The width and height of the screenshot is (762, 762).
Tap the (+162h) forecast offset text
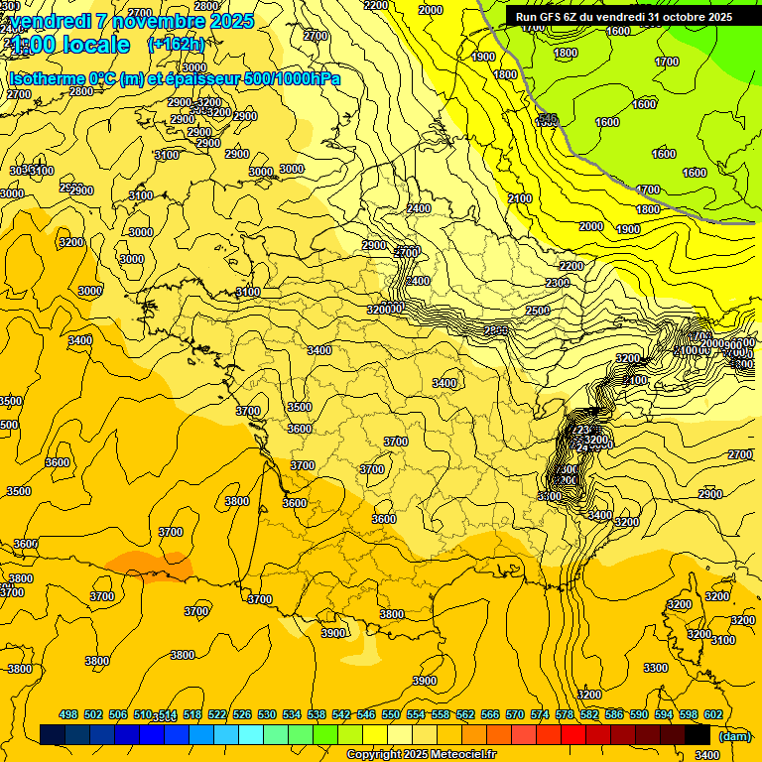pos(176,44)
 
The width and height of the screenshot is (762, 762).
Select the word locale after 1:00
pos(93,45)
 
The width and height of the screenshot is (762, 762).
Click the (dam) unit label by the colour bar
pos(733,735)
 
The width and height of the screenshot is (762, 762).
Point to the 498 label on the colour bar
pos(68,714)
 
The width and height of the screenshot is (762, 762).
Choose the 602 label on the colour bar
pos(713,714)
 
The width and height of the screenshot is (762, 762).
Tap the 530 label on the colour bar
pos(267,714)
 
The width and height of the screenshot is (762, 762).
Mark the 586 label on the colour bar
pos(614,714)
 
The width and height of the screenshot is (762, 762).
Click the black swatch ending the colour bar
pos(698,735)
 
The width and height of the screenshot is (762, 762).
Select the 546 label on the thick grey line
pos(547,119)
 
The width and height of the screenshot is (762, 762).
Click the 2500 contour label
pos(538,311)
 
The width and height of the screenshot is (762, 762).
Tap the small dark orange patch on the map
pos(147,565)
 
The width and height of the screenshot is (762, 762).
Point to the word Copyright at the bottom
pos(375,755)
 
